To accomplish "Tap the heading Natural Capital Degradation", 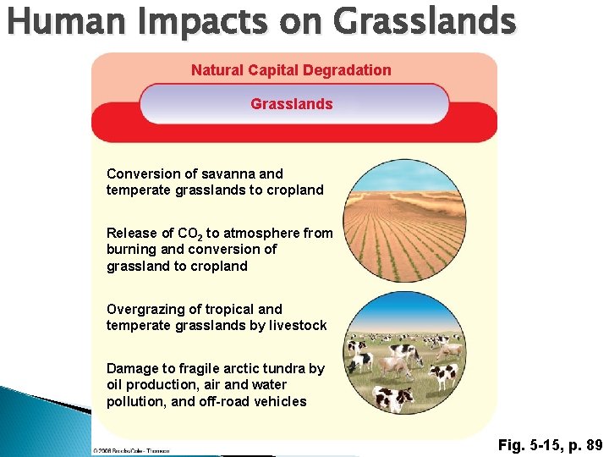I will click(x=291, y=70).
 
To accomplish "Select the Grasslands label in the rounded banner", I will click(x=292, y=104).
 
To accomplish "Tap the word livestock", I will click(x=299, y=326).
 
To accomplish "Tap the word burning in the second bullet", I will click(x=132, y=250).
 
